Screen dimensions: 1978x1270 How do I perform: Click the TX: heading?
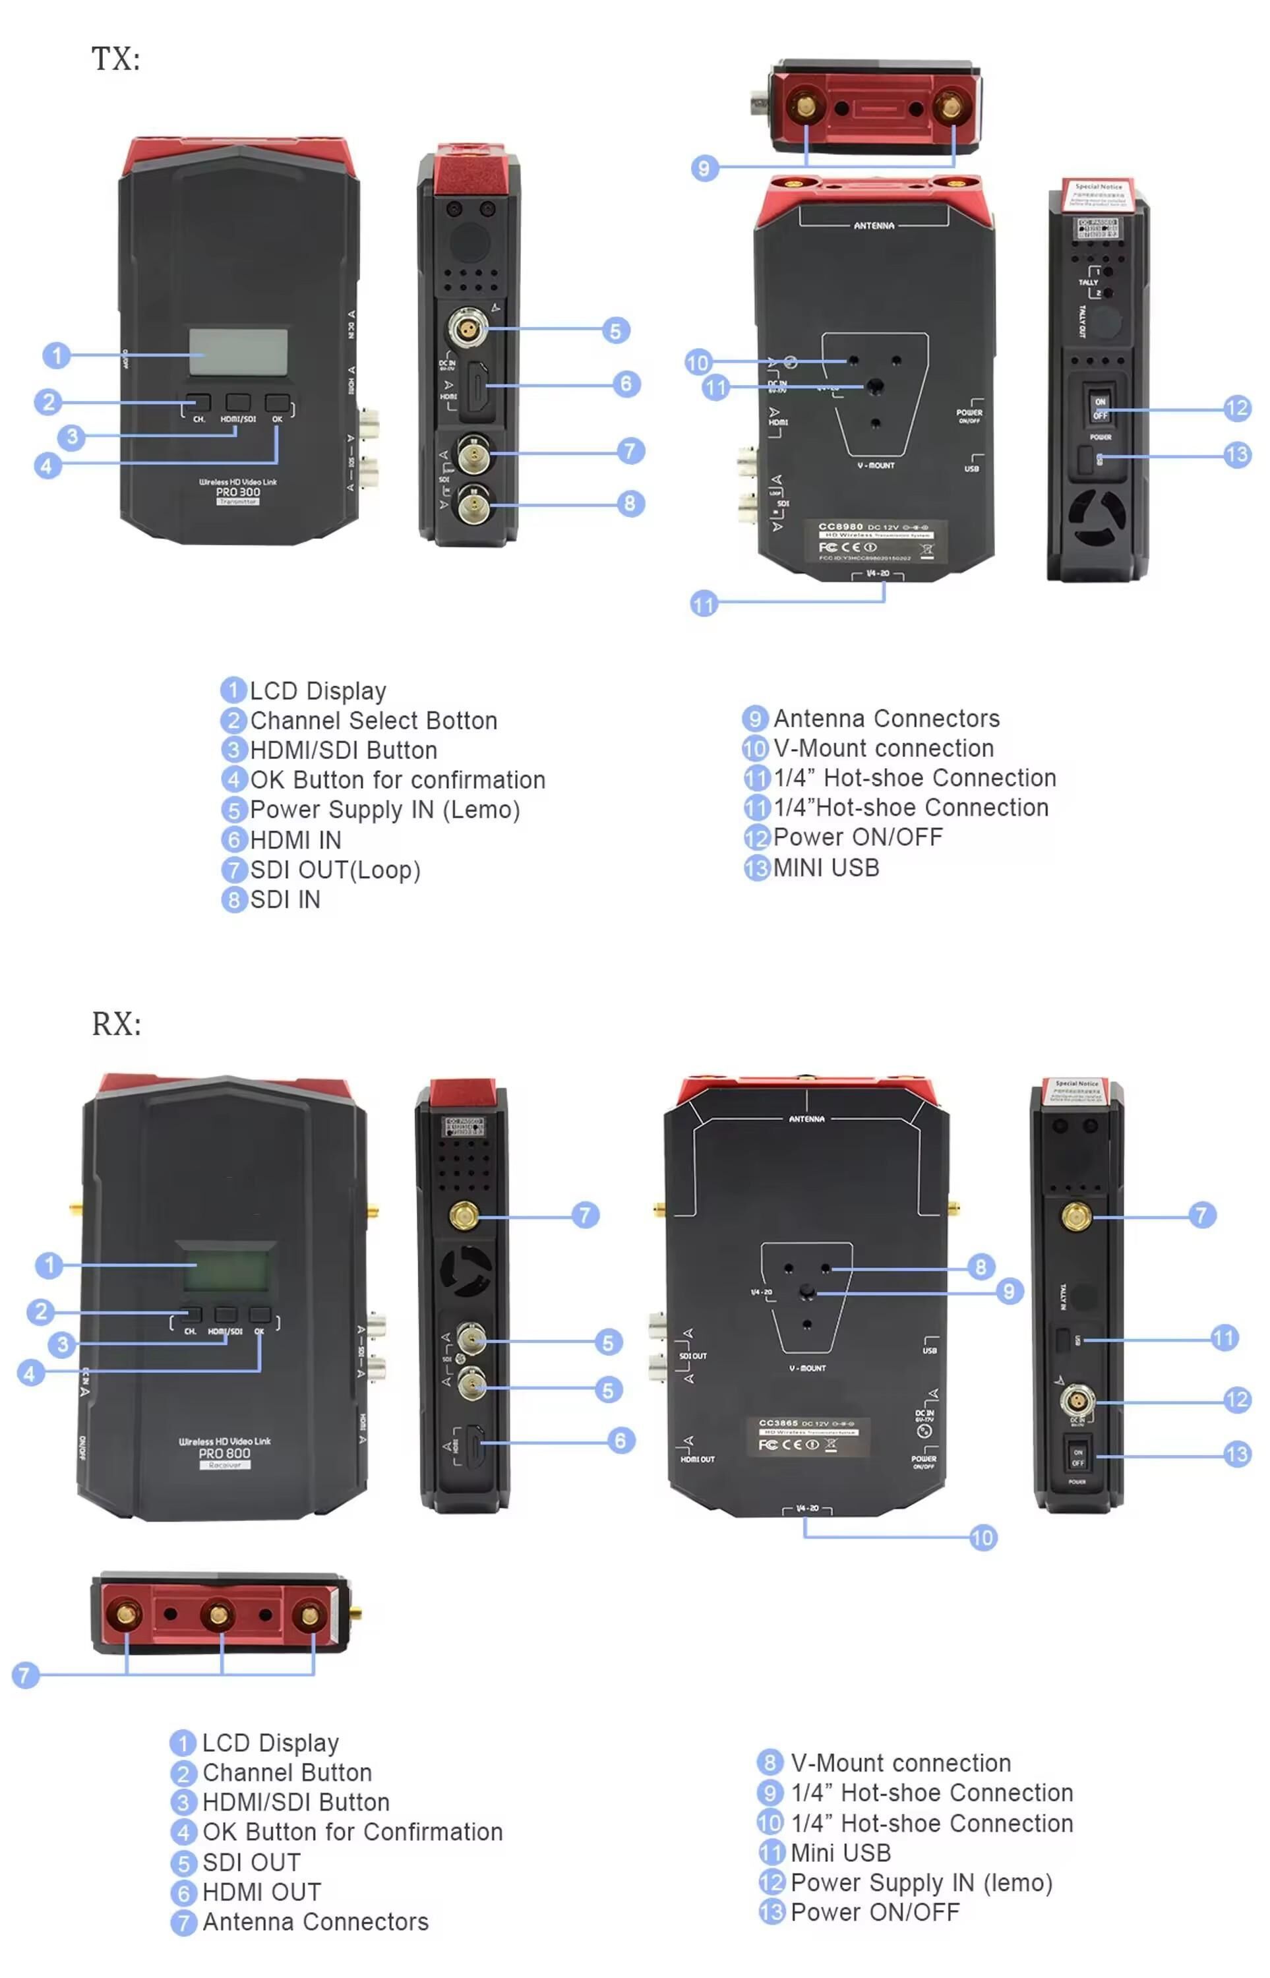[115, 59]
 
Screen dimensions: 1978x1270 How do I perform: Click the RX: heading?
[116, 1024]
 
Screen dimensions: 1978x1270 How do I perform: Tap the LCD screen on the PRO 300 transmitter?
[238, 352]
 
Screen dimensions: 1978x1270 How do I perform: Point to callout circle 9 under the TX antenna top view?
[704, 169]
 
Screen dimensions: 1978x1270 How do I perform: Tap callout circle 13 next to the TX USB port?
[1237, 455]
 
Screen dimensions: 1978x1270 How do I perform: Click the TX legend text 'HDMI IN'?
[295, 840]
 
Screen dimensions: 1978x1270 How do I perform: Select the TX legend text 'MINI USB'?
[826, 868]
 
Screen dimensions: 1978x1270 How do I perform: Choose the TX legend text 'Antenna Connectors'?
[886, 719]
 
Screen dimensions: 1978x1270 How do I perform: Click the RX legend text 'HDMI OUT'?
[261, 1892]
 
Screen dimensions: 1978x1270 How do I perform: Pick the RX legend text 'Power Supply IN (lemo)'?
[921, 1883]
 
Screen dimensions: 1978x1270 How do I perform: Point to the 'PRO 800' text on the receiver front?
[224, 1454]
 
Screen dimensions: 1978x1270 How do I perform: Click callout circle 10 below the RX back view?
[983, 1538]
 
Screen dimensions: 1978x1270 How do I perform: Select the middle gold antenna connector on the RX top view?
[218, 1615]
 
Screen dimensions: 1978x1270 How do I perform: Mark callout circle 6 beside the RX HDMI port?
[621, 1441]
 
